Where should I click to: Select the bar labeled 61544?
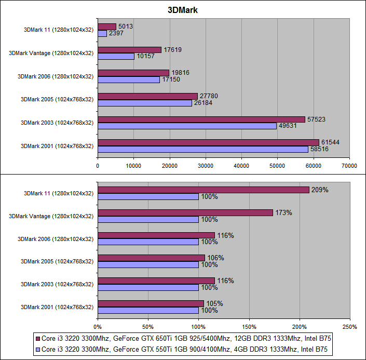(208, 142)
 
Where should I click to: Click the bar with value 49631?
(187, 126)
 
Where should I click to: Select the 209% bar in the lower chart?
(203, 190)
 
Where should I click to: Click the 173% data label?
(283, 212)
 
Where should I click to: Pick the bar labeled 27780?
(147, 96)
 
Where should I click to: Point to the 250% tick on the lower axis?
(349, 327)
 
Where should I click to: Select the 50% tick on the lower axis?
(148, 327)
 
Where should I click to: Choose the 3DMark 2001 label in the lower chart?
(57, 307)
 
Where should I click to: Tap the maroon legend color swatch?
(37, 338)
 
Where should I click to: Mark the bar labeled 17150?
(129, 79)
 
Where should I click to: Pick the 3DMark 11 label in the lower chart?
(59, 193)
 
